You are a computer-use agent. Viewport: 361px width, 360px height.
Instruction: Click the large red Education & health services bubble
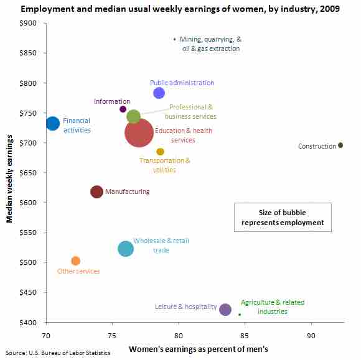coord(139,132)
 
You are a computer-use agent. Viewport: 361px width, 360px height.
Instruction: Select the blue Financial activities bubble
coord(53,123)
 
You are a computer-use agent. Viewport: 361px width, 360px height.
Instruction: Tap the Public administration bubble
coord(159,93)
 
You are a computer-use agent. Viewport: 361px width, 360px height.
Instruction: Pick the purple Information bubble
coord(123,109)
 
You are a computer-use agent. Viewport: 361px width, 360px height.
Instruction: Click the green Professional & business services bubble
coord(133,116)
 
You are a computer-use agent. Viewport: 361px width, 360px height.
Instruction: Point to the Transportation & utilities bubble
coord(160,152)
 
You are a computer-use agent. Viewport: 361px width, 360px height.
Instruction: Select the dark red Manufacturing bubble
coord(96,192)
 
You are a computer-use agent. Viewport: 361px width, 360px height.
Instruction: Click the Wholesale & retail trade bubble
coord(126,249)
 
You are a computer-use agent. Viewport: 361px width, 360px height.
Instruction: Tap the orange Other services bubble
coord(75,261)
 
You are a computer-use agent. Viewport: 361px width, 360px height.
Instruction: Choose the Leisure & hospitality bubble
coord(225,309)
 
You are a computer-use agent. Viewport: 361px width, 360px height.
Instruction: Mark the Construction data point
coord(340,145)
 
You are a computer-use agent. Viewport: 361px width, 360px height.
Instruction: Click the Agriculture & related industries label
coord(273,307)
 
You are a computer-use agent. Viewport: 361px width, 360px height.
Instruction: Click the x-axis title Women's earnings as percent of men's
coord(198,349)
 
